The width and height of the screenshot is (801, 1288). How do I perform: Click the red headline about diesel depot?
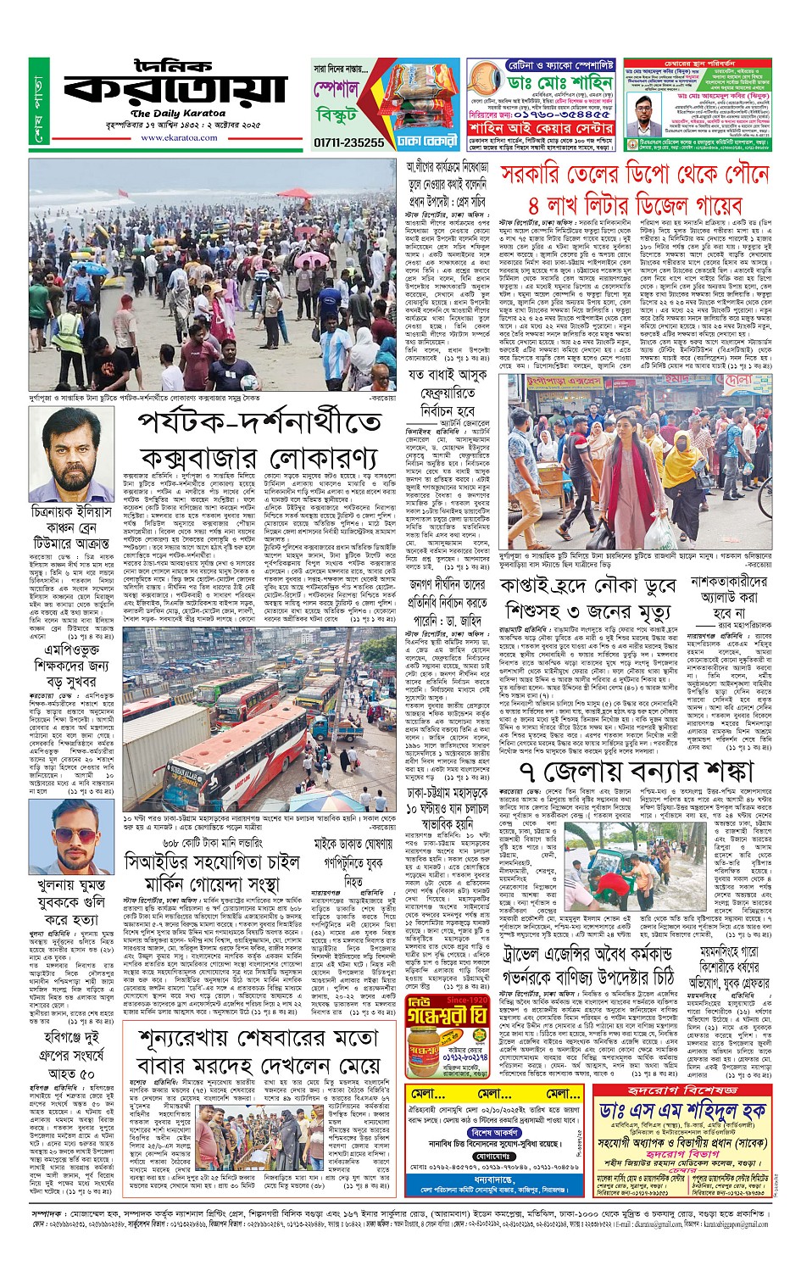pyautogui.click(x=635, y=189)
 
